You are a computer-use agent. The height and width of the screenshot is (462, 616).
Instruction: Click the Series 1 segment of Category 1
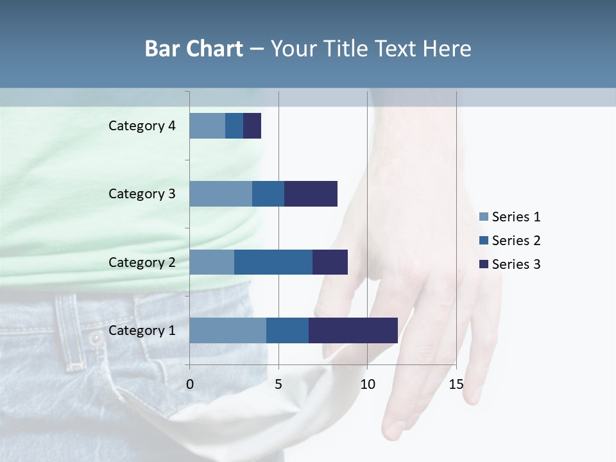(x=228, y=330)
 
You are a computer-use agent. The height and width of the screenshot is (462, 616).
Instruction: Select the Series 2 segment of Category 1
(x=287, y=330)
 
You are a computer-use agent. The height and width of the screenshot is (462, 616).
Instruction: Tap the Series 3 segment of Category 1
(x=353, y=330)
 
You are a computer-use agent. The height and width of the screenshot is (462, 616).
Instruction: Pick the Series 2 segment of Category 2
(x=273, y=262)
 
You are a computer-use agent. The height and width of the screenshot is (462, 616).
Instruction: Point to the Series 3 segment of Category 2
(x=330, y=262)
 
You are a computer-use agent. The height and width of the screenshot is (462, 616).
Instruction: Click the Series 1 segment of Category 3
(x=221, y=194)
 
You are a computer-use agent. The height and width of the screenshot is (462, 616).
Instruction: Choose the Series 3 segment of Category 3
(x=311, y=194)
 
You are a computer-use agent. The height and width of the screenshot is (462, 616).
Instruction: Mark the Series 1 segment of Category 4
(x=207, y=126)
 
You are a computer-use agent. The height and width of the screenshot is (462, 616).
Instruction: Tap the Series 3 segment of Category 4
(x=252, y=126)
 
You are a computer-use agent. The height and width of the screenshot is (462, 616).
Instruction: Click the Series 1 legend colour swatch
(x=484, y=217)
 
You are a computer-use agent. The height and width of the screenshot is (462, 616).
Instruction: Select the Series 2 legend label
(x=516, y=241)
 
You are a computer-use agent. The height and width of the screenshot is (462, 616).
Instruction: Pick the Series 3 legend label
(x=516, y=264)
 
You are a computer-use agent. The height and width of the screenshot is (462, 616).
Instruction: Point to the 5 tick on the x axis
(x=278, y=384)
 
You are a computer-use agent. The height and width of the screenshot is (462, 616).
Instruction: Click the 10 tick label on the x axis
(x=367, y=384)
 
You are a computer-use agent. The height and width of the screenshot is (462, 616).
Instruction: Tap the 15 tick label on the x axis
(x=456, y=384)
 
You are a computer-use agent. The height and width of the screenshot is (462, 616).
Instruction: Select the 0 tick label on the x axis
(x=190, y=384)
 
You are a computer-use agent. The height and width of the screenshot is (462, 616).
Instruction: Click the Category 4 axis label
(x=142, y=126)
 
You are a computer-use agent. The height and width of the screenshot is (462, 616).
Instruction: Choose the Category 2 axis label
(x=142, y=262)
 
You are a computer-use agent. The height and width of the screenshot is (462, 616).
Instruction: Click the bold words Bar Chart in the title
(x=194, y=49)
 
